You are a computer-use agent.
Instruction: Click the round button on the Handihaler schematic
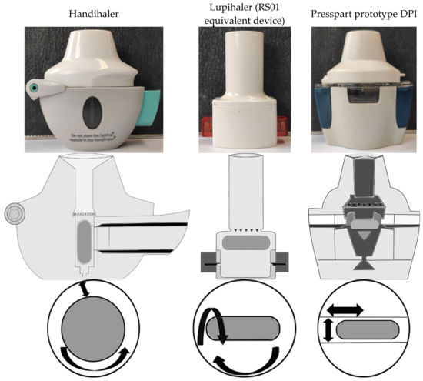coord(14,210)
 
